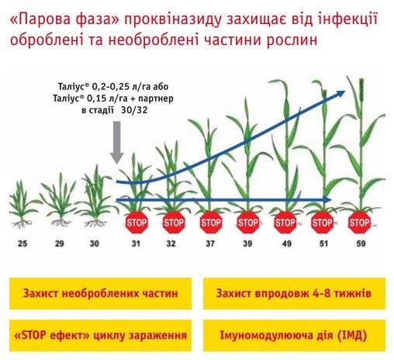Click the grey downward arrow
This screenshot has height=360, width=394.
pyautogui.click(x=117, y=142)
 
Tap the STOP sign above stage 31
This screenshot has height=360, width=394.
pyautogui.click(x=137, y=223)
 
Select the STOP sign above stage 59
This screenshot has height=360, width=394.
pyautogui.click(x=359, y=223)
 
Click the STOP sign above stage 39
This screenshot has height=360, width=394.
pyautogui.click(x=248, y=223)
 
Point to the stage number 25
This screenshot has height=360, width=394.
pyautogui.click(x=22, y=244)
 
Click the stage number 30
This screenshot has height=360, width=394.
pyautogui.click(x=94, y=244)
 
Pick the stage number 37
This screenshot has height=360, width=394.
pyautogui.click(x=210, y=244)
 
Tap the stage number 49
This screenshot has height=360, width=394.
pyautogui.click(x=286, y=244)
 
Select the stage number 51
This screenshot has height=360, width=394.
pyautogui.click(x=323, y=244)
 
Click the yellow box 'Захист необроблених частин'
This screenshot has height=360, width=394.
pyautogui.click(x=100, y=293)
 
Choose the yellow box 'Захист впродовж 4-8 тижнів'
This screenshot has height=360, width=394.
pyautogui.click(x=294, y=293)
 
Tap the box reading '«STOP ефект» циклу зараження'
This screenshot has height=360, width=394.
pyautogui.click(x=100, y=335)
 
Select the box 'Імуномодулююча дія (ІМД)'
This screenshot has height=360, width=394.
pyautogui.click(x=294, y=335)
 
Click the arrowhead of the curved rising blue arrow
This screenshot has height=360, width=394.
pyautogui.click(x=340, y=94)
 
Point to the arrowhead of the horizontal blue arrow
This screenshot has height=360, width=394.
pyautogui.click(x=328, y=199)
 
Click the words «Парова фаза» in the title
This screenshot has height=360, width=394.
pyautogui.click(x=64, y=20)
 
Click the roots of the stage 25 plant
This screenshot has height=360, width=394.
pyautogui.click(x=22, y=223)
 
